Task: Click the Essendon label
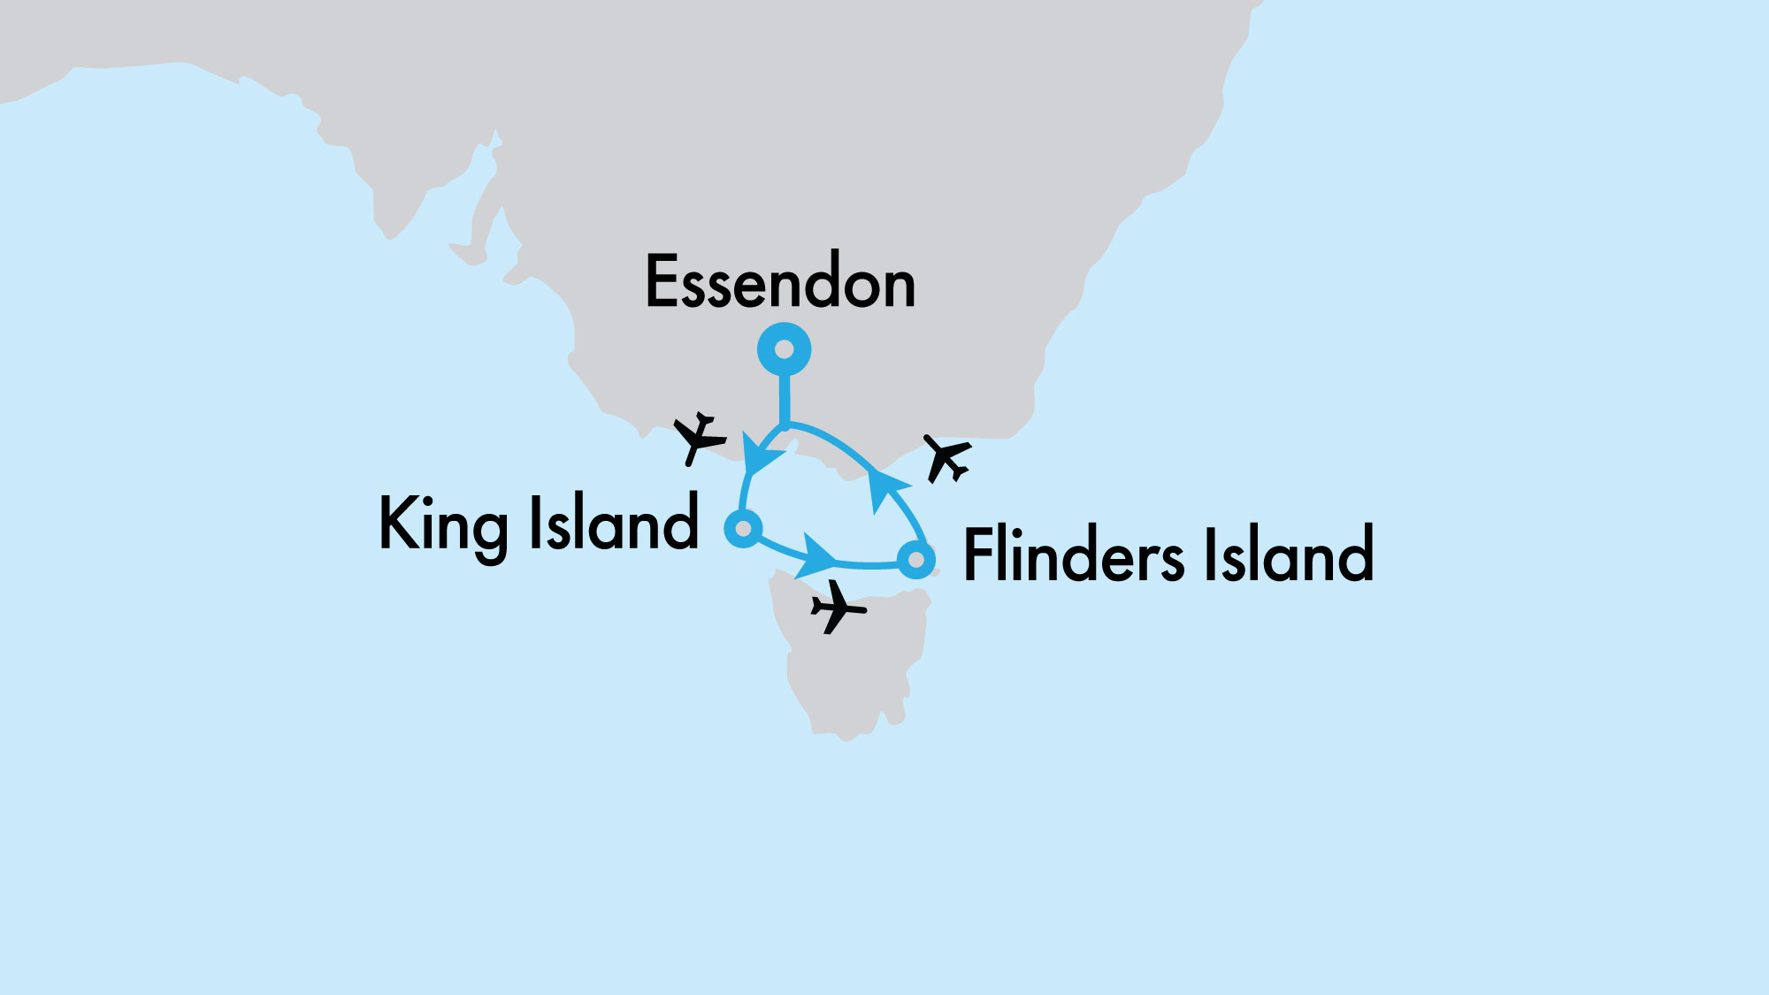coord(780,282)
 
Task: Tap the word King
coord(442,524)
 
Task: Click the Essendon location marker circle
coord(784,349)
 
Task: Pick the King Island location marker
coord(743,529)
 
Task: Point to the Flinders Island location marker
coord(916,560)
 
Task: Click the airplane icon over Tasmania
coord(837,608)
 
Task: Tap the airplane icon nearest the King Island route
coord(699,437)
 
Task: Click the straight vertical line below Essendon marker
coord(784,402)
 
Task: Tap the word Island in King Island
coord(614,523)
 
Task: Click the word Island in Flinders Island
coord(1288,555)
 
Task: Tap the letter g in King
coord(487,532)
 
